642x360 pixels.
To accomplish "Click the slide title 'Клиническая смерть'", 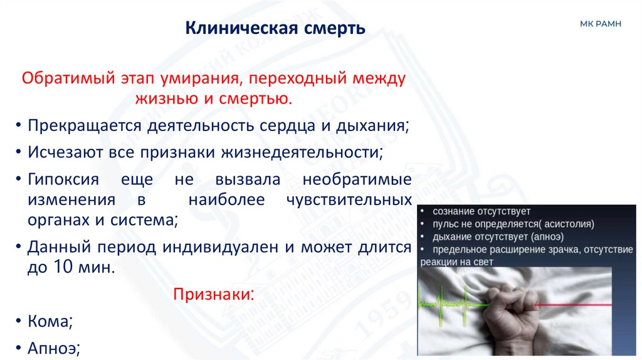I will point(275,29).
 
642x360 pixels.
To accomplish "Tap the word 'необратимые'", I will point(357,180).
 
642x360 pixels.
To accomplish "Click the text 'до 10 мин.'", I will point(71,267).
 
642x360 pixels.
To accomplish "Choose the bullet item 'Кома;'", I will point(50,321).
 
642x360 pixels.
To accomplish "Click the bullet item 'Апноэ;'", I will point(53,348).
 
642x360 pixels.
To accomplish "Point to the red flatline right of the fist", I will point(577,304).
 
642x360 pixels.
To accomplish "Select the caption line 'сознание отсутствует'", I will point(480,211).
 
